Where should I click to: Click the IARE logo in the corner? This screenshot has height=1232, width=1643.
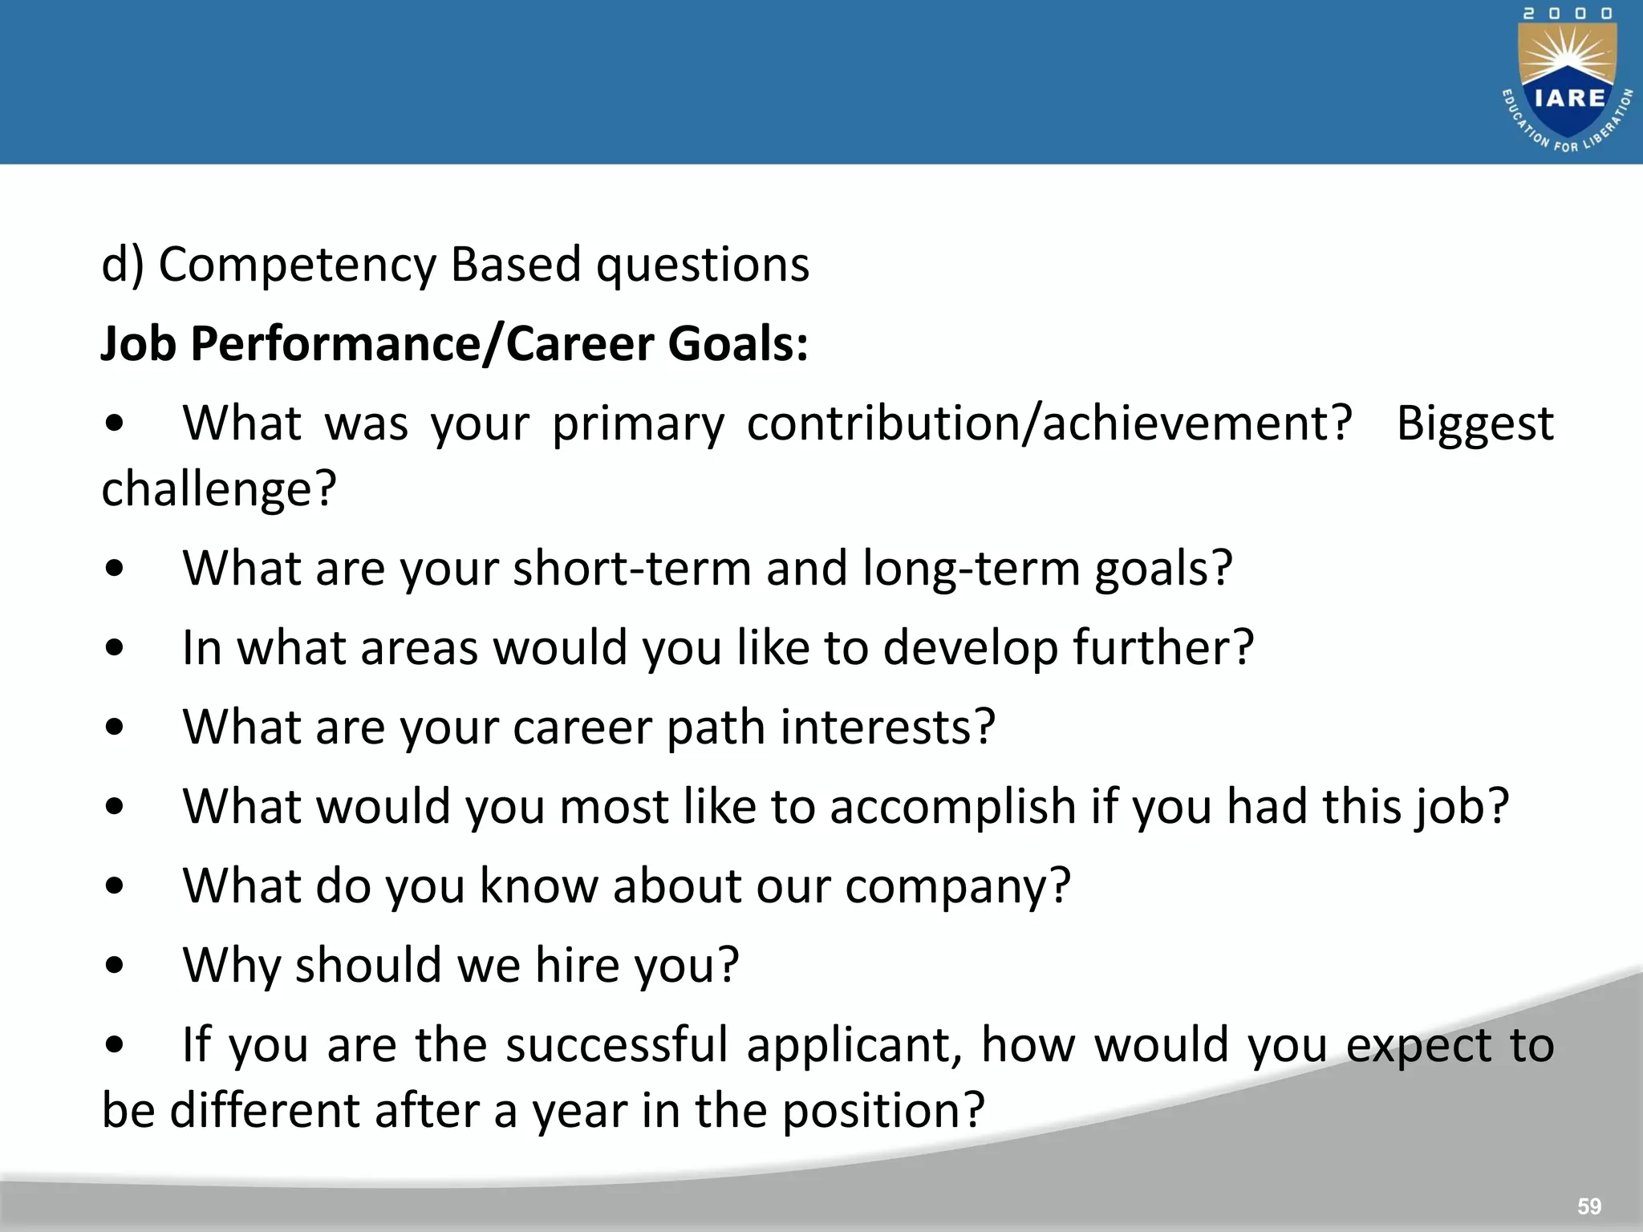click(1568, 88)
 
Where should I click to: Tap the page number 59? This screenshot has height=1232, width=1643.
click(1588, 1206)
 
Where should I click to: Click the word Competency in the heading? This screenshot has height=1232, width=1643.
click(297, 265)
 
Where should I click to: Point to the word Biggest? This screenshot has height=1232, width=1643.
click(1475, 423)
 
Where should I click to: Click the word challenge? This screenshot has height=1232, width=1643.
click(219, 489)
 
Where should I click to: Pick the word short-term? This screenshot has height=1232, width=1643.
click(632, 568)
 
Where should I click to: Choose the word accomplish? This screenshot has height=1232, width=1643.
click(952, 806)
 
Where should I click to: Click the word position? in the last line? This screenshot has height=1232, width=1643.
click(882, 1111)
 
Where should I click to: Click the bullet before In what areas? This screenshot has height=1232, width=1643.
click(115, 649)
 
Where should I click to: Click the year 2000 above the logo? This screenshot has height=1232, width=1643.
click(1568, 14)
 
